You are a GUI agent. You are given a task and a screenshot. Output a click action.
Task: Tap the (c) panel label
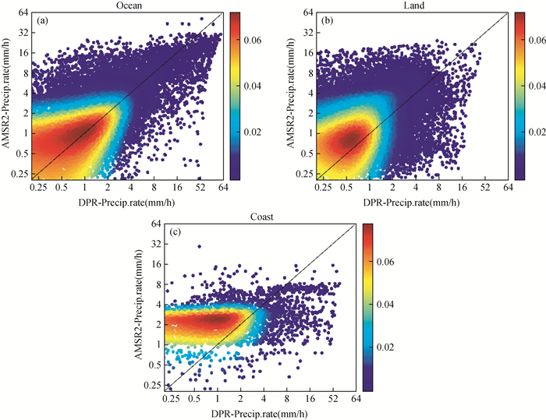[175, 231]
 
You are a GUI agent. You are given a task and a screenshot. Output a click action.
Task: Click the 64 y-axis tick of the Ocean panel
[23, 13]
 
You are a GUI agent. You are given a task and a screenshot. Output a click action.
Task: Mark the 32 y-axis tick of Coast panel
[156, 243]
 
